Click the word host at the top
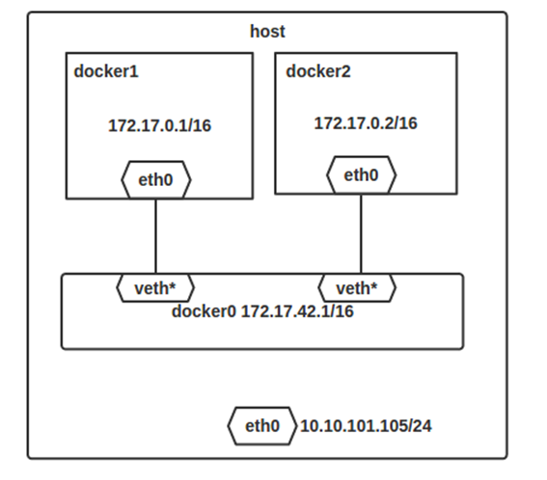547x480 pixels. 267,32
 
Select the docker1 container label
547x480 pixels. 106,71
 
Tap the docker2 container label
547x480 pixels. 318,71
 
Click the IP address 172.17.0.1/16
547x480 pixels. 160,125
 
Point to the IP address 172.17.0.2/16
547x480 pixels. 366,123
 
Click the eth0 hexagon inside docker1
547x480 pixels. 156,180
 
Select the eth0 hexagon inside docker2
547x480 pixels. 362,175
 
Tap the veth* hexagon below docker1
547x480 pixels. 155,288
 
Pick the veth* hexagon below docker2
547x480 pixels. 357,288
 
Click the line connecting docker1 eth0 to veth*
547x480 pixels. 155,236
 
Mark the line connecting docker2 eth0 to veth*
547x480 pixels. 361,234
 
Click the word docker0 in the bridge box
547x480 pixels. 204,311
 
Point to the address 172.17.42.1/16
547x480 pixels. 297,311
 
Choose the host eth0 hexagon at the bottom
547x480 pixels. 262,426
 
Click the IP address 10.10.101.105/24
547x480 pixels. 366,426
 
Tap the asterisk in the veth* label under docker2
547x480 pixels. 373,285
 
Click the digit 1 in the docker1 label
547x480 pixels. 134,71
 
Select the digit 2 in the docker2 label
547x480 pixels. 346,71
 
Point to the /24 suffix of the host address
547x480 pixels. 420,426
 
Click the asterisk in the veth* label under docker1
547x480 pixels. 172,285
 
